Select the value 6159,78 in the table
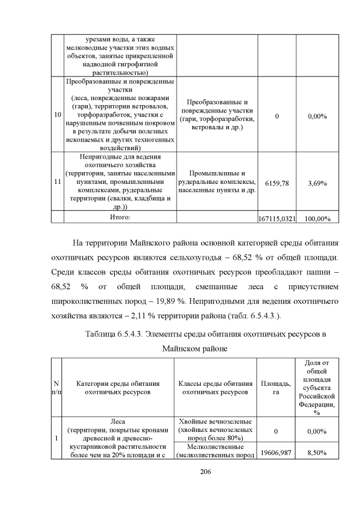[x=276, y=183]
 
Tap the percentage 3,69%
[x=317, y=183]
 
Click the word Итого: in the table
[x=119, y=217]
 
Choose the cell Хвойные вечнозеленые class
[x=216, y=430]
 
